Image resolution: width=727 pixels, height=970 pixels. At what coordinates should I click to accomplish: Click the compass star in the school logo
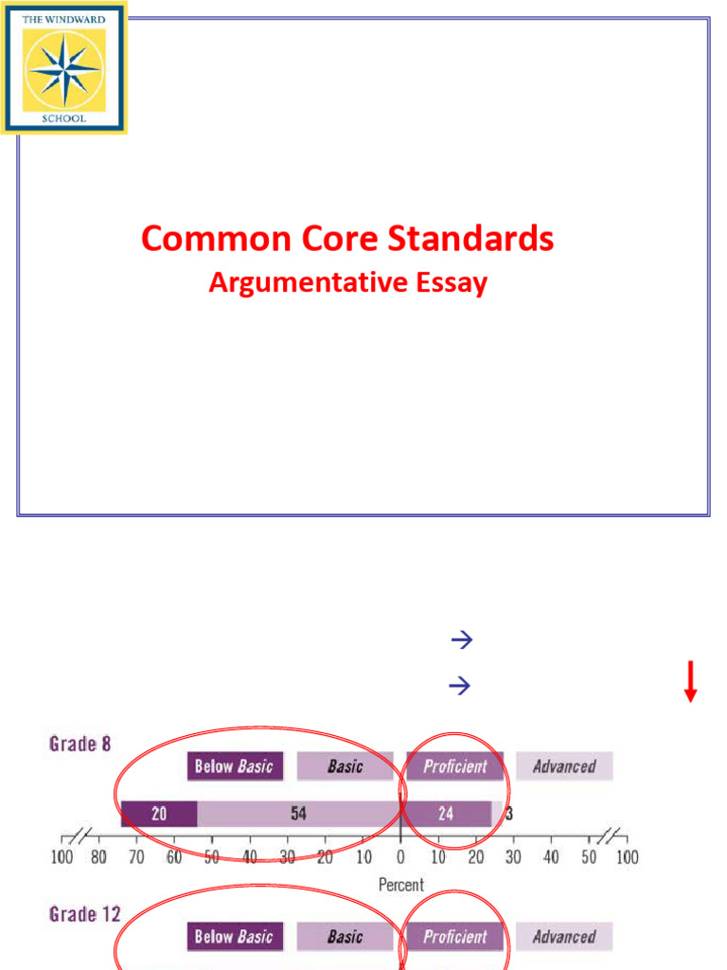(x=63, y=69)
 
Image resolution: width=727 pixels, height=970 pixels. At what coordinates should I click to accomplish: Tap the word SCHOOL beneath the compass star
(x=63, y=118)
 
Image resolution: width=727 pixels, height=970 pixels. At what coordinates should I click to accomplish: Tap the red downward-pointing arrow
(x=691, y=682)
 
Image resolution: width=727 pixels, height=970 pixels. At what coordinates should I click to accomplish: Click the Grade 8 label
(x=80, y=745)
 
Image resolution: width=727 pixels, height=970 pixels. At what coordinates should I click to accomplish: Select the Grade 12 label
(x=85, y=914)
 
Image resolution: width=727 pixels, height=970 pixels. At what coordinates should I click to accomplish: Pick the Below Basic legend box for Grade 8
(x=234, y=765)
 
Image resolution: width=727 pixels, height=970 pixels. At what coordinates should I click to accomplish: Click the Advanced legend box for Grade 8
(x=564, y=765)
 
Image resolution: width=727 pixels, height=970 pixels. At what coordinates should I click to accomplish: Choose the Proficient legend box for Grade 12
(x=455, y=936)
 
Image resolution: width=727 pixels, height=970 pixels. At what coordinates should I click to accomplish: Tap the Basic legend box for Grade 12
(x=345, y=936)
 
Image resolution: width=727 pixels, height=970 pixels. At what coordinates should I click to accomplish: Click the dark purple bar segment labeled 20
(x=159, y=813)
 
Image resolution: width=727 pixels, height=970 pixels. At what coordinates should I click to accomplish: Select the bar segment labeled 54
(x=299, y=813)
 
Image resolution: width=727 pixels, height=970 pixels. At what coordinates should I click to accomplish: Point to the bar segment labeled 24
(x=446, y=813)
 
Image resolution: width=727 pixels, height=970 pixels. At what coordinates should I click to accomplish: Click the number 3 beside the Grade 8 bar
(x=509, y=813)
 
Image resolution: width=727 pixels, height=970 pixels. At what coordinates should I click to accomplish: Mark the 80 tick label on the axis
(x=99, y=858)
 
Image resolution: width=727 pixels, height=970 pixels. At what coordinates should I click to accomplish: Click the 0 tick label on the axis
(x=400, y=858)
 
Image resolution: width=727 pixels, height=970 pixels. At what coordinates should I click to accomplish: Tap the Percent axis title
(x=401, y=885)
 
